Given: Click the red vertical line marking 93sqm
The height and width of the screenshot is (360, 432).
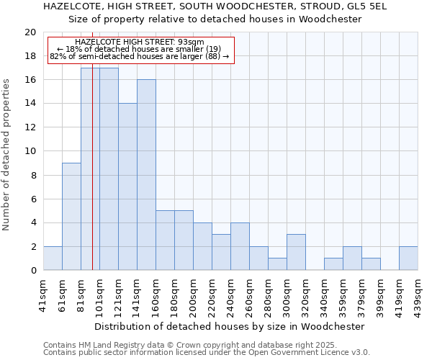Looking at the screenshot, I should (x=92, y=180).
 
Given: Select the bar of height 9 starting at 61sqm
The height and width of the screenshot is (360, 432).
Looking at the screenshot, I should (x=71, y=216).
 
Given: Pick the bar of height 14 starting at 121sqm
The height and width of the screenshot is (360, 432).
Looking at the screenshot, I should (x=127, y=186).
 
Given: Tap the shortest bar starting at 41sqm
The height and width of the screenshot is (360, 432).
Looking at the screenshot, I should (x=53, y=258).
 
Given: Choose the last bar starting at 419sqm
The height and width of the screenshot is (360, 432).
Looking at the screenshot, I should (x=408, y=258).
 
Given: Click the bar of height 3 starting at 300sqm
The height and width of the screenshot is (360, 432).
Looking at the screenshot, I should (x=296, y=252).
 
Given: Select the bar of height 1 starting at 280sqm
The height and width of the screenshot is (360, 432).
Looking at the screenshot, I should (x=277, y=264).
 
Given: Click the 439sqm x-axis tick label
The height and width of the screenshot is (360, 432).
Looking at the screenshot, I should (x=418, y=294).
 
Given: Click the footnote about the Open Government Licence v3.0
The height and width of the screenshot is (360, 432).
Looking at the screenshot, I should (x=206, y=353).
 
